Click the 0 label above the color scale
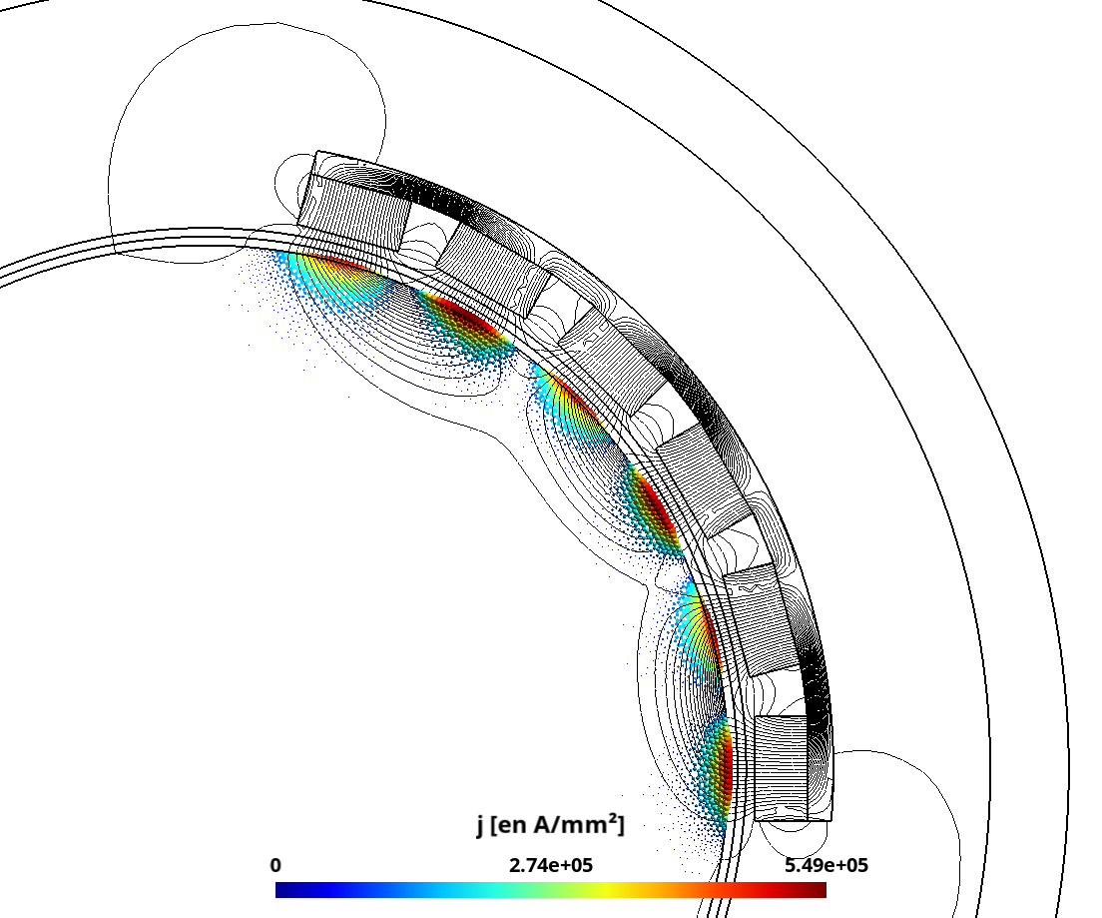[275, 865]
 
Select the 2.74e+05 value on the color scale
[551, 865]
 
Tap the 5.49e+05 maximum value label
[826, 865]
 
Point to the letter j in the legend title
[480, 825]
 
